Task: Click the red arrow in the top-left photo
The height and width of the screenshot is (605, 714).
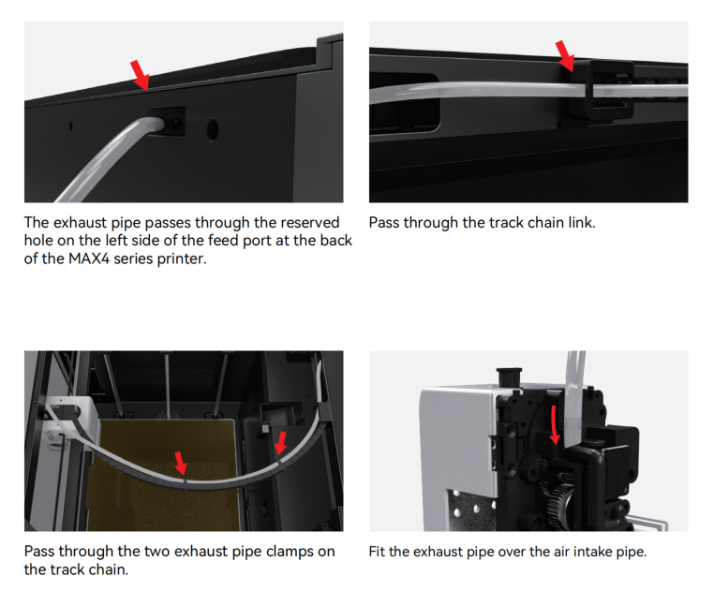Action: click(140, 76)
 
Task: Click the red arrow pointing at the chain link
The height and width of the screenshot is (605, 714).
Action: click(565, 56)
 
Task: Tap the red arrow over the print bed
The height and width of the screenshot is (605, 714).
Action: click(181, 464)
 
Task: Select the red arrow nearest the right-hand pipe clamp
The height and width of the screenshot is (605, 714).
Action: click(280, 443)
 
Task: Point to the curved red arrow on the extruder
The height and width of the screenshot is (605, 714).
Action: click(554, 425)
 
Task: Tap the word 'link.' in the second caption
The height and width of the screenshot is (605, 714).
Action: click(582, 223)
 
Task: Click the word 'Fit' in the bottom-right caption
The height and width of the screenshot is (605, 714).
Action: click(377, 552)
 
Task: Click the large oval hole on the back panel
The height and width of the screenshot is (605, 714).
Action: click(212, 129)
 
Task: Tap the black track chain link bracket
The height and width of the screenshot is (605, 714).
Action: click(601, 90)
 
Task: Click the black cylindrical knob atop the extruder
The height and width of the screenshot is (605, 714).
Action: click(510, 376)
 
